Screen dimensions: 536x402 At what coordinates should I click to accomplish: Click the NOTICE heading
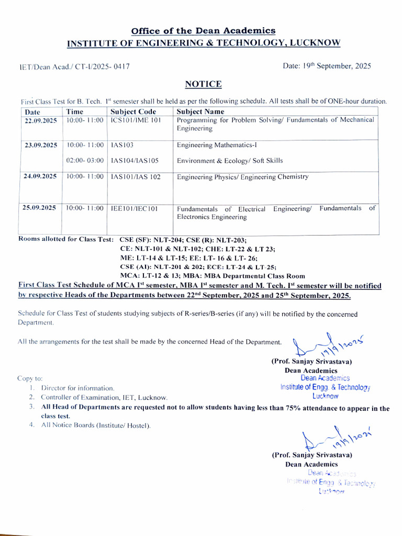pos(203,84)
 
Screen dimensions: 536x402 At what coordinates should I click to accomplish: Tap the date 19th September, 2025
pos(327,66)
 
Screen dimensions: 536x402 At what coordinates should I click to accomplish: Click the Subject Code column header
pos(133,111)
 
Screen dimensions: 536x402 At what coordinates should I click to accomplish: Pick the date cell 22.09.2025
pos(40,120)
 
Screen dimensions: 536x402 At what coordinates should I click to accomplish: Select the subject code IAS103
pos(122,145)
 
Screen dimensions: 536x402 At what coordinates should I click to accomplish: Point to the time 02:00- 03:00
pos(85,161)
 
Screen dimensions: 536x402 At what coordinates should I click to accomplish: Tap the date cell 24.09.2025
pos(40,176)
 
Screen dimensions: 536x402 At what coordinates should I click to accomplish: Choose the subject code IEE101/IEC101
pos(134,208)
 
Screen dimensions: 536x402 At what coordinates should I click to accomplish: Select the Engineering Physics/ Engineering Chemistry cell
pos(242,177)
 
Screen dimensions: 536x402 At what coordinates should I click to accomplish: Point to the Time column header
pos(74,111)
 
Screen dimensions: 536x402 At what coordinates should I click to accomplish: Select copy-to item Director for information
pos(77,388)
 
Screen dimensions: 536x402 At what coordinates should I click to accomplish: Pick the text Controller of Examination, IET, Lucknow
pos(104,397)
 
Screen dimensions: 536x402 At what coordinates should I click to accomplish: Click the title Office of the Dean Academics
pos(203,31)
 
